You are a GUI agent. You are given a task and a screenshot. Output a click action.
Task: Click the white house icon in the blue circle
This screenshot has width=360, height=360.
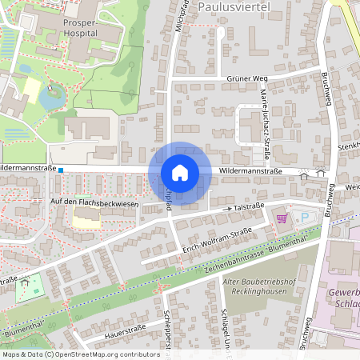point(180,172)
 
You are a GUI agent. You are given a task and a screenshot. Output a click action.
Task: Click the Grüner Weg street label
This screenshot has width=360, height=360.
point(246,78)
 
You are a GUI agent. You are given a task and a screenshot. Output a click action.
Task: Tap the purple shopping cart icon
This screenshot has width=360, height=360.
point(281,218)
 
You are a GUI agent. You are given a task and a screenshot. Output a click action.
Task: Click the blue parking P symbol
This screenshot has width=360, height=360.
point(304,217)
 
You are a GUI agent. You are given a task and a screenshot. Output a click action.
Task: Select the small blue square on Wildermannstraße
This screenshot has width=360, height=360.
point(61,170)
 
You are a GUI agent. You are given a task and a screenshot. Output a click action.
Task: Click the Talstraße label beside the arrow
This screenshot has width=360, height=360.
point(249,206)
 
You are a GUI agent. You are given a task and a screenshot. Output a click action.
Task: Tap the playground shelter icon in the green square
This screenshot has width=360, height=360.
point(26,282)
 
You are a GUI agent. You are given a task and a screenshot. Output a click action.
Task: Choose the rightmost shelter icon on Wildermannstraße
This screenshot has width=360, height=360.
point(321,171)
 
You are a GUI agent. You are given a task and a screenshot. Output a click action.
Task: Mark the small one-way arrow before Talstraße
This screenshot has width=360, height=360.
point(226,210)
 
